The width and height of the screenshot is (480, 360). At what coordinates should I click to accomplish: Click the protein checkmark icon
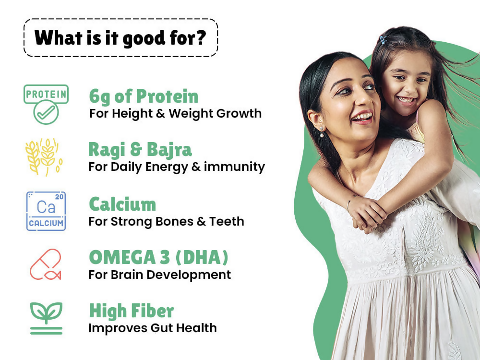tap(46, 104)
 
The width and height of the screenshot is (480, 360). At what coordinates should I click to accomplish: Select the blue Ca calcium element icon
tap(46, 211)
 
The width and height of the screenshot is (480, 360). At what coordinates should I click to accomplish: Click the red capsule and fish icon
tap(45, 264)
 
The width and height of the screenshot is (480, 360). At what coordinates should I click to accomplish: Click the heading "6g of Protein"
tap(144, 96)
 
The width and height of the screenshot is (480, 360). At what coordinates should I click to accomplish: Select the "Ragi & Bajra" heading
tap(140, 150)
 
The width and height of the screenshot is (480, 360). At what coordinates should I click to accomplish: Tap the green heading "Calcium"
tap(122, 204)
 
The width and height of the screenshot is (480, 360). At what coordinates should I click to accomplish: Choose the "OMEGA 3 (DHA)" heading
tap(158, 257)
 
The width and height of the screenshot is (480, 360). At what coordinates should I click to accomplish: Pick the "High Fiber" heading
tap(132, 311)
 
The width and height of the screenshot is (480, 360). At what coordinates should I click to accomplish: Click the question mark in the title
tap(200, 37)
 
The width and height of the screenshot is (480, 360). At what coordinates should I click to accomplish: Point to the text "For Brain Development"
tap(159, 275)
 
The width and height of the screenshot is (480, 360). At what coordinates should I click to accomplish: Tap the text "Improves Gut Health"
tap(153, 328)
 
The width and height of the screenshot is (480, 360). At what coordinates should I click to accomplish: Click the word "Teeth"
tap(227, 221)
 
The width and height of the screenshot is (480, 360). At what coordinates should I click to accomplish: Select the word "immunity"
tap(234, 167)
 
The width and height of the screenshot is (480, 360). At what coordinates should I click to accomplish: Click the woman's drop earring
tap(322, 132)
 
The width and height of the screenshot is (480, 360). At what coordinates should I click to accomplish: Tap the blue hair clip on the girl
tap(383, 39)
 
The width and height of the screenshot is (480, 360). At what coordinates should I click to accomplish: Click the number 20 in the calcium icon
tap(59, 197)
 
